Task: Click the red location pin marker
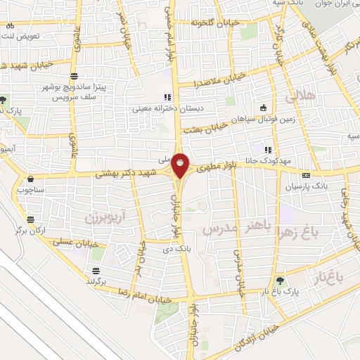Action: click(x=181, y=165)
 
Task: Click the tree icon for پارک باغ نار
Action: click(x=281, y=279)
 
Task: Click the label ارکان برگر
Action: click(x=27, y=211)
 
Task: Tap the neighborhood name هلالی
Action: click(x=307, y=93)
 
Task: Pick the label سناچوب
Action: click(x=30, y=190)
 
